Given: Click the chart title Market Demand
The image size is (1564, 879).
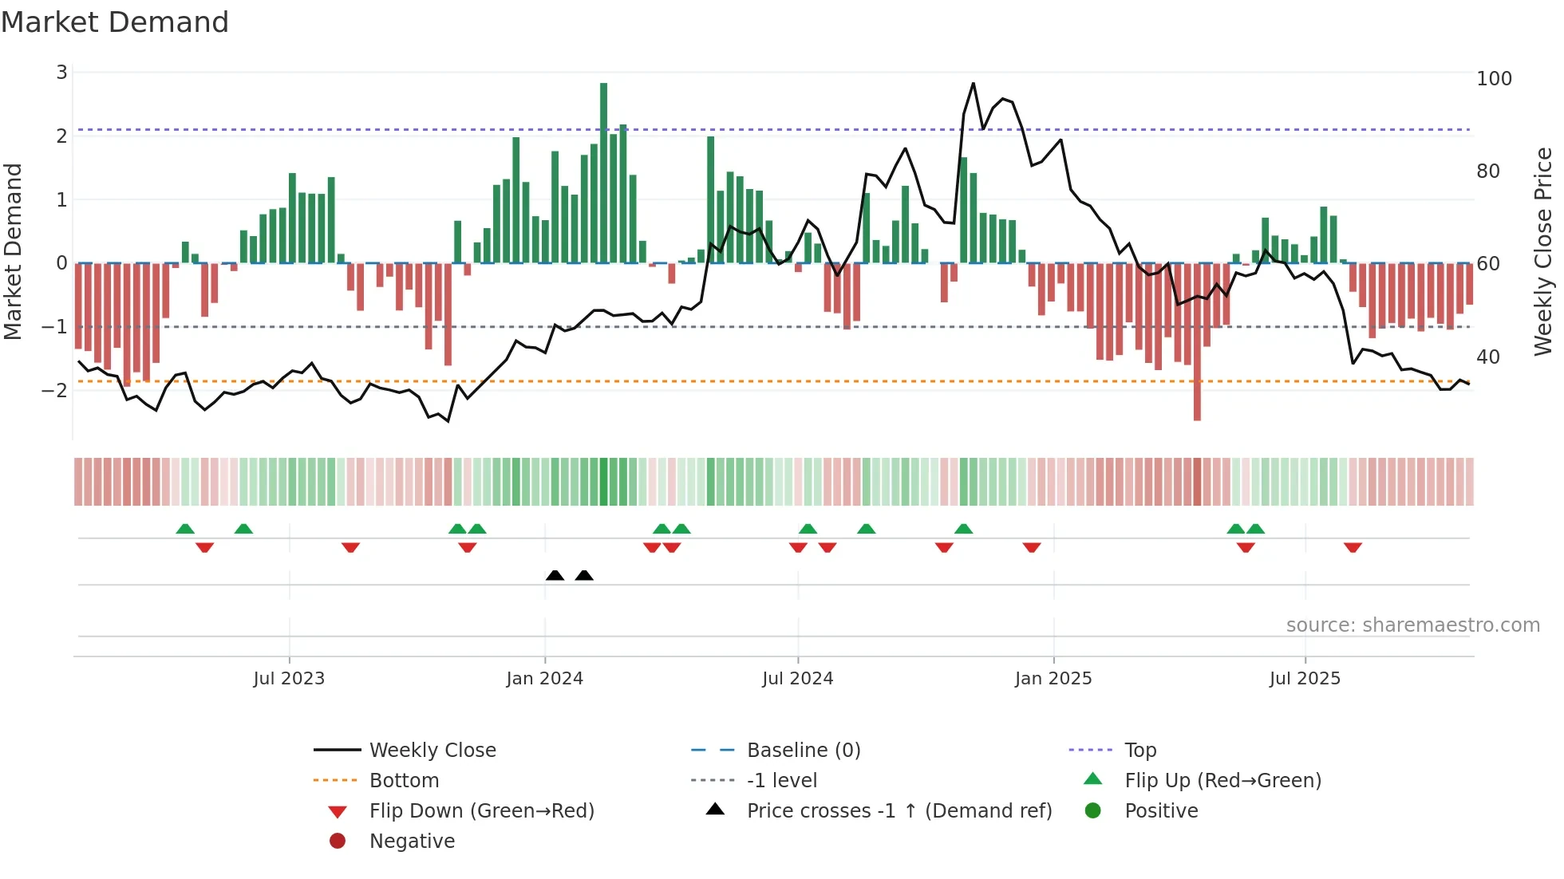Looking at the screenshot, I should [115, 22].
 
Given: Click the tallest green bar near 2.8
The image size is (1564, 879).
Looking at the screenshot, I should [603, 171].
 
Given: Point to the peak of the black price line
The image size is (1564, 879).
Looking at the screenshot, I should [973, 84].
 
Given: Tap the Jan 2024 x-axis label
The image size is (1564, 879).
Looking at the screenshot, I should [544, 679].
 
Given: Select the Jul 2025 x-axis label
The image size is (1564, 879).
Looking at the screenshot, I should [1305, 679].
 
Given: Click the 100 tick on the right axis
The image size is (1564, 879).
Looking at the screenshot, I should [1494, 79].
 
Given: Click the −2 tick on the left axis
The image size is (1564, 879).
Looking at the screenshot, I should [54, 391].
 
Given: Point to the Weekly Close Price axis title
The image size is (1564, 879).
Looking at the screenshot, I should [1543, 251].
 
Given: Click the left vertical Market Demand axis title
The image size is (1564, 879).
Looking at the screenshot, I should [13, 251].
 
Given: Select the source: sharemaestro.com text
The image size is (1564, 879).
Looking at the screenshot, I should [1412, 625].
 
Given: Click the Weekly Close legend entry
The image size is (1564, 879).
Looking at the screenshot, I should [432, 751].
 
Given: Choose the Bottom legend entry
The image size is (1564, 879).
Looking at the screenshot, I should [404, 781].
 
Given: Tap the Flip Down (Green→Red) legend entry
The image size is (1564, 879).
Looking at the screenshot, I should [481, 811].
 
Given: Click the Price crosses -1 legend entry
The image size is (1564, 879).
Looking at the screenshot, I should [899, 811].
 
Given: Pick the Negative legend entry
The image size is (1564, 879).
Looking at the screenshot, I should [412, 842].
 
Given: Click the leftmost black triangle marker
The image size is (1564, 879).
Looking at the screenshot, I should [555, 575].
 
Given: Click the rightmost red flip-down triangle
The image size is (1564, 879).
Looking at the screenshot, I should [1353, 547].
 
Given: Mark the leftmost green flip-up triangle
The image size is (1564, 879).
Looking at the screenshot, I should [185, 529].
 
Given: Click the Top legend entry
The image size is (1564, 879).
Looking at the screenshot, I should [1139, 751].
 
